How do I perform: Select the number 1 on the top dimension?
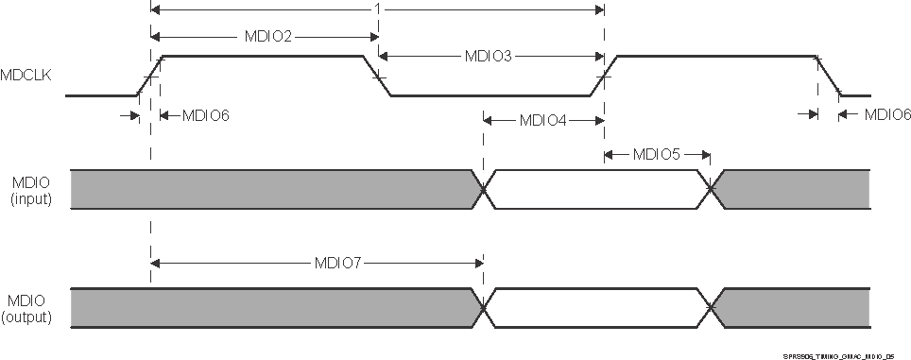377,9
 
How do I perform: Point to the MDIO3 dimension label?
488,57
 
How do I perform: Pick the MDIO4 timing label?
542,120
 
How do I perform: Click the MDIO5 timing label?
656,154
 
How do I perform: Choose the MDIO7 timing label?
338,262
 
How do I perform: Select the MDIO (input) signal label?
30,189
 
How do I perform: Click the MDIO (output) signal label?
30,308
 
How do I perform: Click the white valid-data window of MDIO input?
595,189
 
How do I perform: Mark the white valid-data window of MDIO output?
595,309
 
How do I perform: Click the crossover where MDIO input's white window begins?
483,189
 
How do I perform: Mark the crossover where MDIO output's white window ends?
710,309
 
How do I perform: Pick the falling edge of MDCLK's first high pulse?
377,76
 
